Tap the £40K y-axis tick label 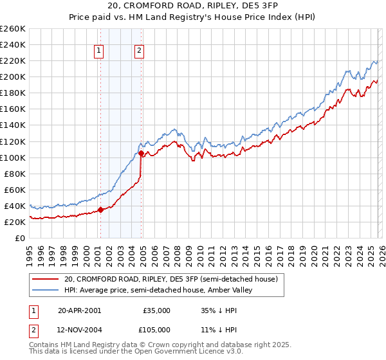click(x=15, y=206)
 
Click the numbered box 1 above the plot click(x=100, y=52)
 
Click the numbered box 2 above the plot click(x=139, y=52)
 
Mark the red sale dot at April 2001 click(x=100, y=210)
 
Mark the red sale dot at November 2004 click(x=141, y=153)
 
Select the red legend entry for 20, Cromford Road click(x=170, y=279)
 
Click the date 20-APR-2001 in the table click(x=79, y=310)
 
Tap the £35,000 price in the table click(x=157, y=310)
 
